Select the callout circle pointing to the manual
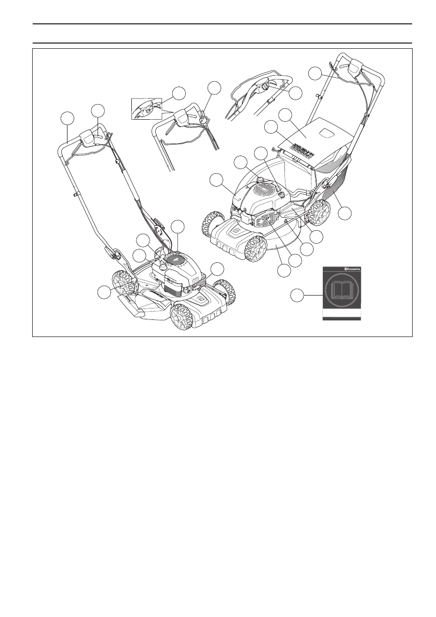(x=296, y=296)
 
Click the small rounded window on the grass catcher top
(x=328, y=133)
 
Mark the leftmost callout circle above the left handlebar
(x=65, y=118)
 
